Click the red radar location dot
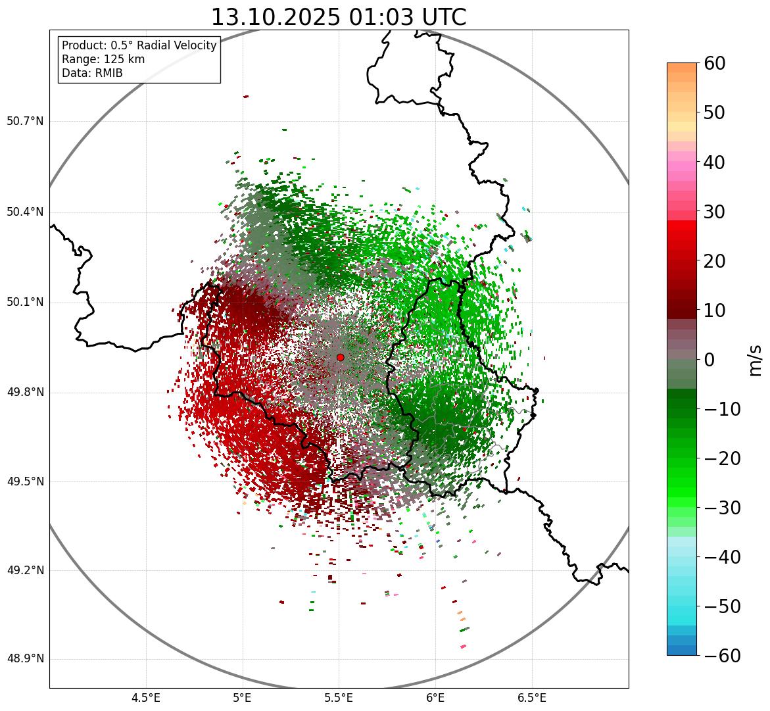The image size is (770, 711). [340, 357]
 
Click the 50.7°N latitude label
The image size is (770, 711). [25, 122]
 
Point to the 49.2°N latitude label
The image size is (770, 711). [25, 570]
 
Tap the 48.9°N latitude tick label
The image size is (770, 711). [25, 659]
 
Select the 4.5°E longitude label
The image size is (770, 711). [146, 698]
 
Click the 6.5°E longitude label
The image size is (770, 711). [531, 698]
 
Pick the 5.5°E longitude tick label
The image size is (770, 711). [339, 698]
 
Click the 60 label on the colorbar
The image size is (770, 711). [715, 63]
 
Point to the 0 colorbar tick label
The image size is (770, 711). [710, 360]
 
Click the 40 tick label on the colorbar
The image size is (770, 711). [715, 162]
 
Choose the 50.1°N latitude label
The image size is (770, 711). [25, 303]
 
